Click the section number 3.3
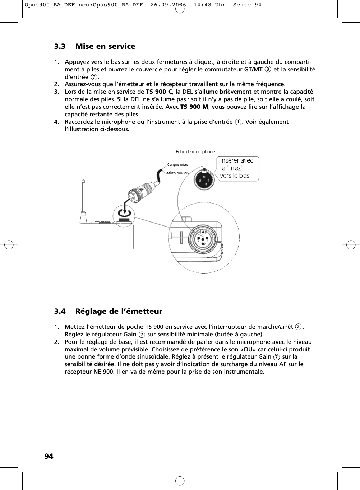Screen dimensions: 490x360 60,46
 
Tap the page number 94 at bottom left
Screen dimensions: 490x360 49,456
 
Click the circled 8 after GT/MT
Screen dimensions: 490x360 268,70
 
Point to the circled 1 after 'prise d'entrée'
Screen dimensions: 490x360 238,122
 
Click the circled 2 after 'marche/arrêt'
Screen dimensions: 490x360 298,327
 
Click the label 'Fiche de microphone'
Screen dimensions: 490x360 195,152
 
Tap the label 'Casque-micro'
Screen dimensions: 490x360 177,165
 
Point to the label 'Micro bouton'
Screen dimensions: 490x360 177,173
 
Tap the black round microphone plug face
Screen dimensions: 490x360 204,178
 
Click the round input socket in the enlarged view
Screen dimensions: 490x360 203,237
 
